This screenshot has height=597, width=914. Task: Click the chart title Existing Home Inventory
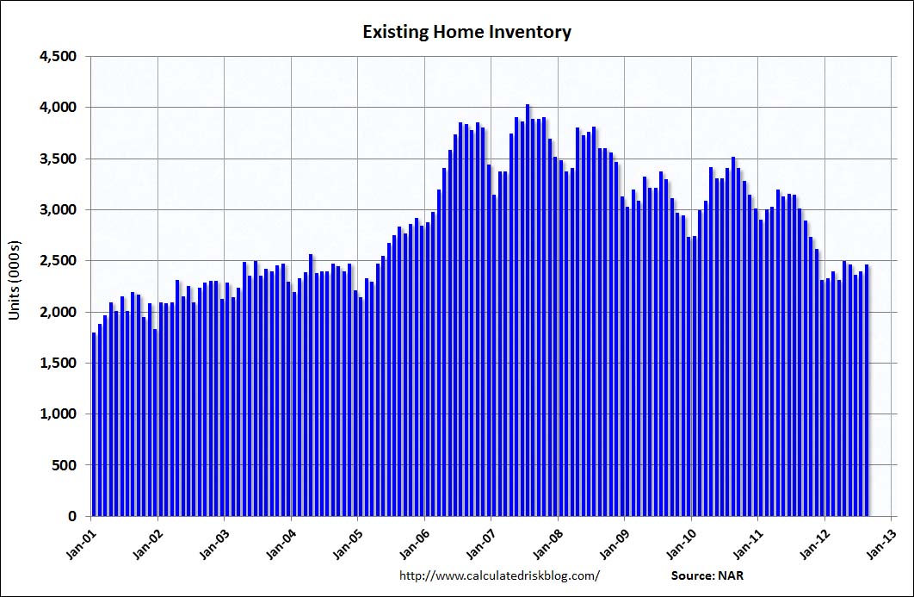(466, 33)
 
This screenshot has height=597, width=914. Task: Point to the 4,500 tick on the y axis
(59, 57)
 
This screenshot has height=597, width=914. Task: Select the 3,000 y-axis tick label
(59, 210)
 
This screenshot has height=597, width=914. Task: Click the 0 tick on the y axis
(73, 516)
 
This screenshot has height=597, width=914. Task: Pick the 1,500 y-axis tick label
(59, 364)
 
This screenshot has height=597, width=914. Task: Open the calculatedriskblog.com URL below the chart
(500, 575)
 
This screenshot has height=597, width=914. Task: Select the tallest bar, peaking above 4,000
(528, 310)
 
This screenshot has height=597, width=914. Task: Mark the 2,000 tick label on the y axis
(59, 312)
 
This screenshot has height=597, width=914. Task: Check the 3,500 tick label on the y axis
(59, 159)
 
